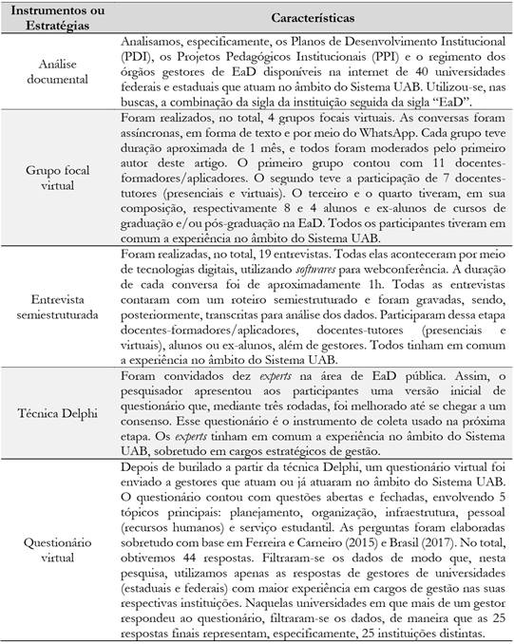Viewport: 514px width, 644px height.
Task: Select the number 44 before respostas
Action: point(180,581)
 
